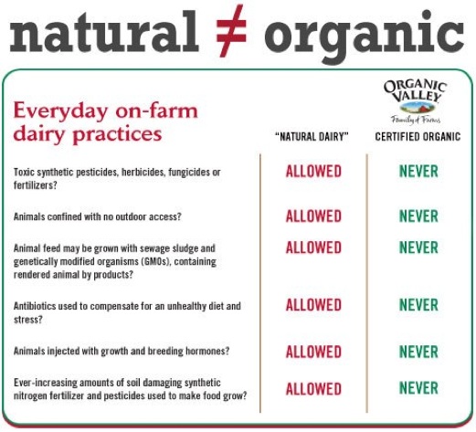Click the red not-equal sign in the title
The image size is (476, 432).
[x=231, y=31]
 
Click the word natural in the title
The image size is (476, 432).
[x=104, y=31]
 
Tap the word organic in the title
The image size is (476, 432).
[x=365, y=37]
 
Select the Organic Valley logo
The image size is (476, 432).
[x=415, y=101]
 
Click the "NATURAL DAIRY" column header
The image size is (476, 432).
[x=312, y=137]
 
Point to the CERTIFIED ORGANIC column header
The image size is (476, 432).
[x=418, y=137]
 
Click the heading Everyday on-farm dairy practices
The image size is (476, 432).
[x=106, y=122]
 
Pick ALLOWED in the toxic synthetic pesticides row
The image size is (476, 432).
[x=313, y=172]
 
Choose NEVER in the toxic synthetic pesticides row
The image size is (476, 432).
[x=418, y=172]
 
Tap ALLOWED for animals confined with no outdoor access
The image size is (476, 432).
[x=313, y=216]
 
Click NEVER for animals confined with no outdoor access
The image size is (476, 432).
[x=418, y=216]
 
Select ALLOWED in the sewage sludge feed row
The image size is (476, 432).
[x=313, y=248]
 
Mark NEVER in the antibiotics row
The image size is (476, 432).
[x=418, y=305]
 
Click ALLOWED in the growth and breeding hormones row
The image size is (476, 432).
[x=313, y=352]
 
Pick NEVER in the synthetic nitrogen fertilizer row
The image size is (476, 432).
[x=418, y=388]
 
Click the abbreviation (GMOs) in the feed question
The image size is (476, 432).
[x=155, y=261]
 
